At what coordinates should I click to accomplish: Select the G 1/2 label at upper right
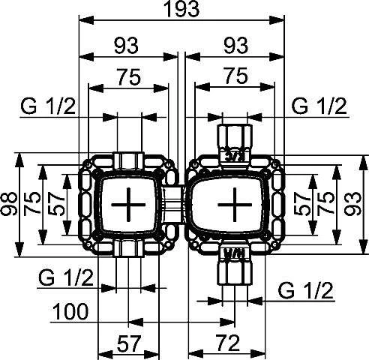[319, 106]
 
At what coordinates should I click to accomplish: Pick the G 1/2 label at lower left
[64, 277]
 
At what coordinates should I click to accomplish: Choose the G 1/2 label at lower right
[304, 289]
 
